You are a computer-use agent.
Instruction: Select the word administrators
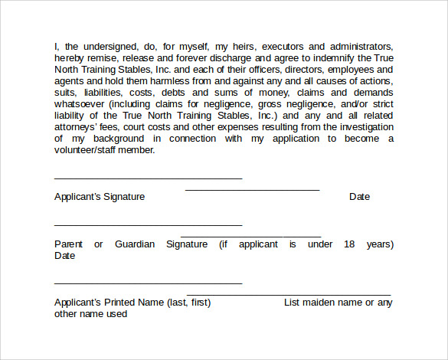point(359,47)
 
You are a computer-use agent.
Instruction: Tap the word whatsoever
point(81,104)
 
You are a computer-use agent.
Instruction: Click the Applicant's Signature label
point(100,197)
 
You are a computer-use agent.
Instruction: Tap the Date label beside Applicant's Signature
point(359,197)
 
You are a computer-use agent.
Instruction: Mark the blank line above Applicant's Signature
point(148,178)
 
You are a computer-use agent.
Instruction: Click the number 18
point(349,244)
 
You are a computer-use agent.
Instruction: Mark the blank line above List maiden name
point(289,295)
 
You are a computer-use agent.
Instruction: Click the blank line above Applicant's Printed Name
point(148,283)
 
